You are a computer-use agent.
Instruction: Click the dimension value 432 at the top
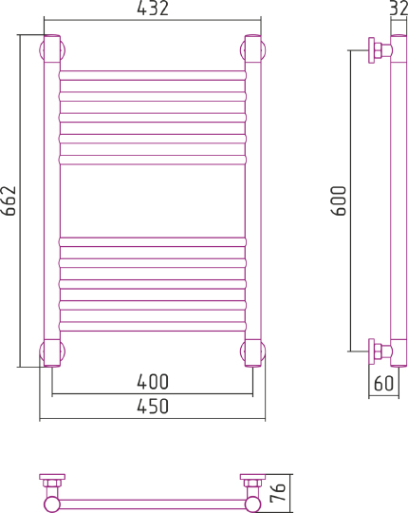152,9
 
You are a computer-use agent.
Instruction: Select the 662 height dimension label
10,200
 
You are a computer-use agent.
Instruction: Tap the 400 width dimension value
152,383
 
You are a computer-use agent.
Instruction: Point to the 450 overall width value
152,407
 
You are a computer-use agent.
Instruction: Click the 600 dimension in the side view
340,200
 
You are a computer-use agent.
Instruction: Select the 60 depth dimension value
383,384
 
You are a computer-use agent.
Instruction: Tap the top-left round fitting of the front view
51,48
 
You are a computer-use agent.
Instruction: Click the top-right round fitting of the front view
253,48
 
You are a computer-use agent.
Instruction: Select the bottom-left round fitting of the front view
51,352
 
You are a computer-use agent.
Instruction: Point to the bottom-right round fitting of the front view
253,352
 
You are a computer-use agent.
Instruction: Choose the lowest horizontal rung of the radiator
152,327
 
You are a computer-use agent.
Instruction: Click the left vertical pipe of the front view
51,200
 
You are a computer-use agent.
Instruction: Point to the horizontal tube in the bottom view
152,503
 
